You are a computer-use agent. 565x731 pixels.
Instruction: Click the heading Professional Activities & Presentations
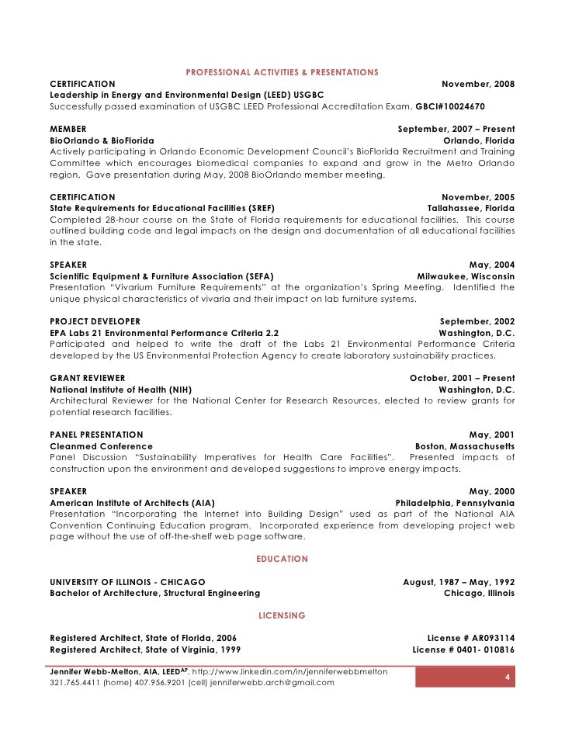[x=282, y=72]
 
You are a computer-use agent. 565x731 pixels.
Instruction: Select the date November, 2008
[x=477, y=84]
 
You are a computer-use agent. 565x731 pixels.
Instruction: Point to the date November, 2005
[x=477, y=198]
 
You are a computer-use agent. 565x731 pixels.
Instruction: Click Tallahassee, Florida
[x=470, y=209]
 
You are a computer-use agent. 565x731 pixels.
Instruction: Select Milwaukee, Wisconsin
[x=465, y=275]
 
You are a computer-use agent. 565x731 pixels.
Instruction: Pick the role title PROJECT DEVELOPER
[x=95, y=321]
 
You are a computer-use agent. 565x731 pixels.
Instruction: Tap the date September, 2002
[x=477, y=321]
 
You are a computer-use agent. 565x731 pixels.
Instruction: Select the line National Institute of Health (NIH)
[x=120, y=390]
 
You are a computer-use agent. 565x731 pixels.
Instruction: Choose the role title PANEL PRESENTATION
[x=96, y=435]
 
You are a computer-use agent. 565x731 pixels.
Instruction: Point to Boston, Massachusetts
[x=464, y=446]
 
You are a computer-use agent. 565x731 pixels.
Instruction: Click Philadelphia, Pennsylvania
[x=455, y=503]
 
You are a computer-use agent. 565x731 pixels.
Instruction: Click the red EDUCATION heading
[x=282, y=559]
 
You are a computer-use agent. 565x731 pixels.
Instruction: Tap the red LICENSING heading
[x=282, y=615]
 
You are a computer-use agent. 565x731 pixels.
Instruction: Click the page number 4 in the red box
[x=507, y=677]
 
